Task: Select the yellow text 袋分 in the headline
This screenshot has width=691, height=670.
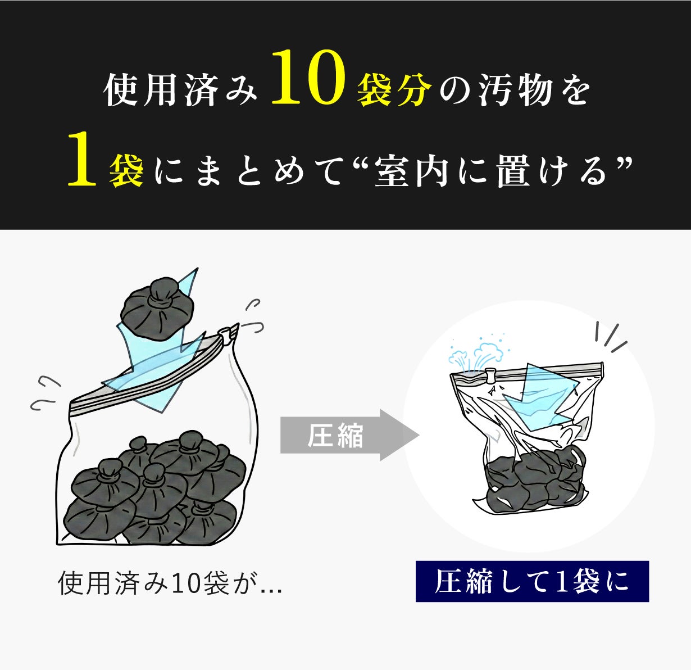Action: pyautogui.click(x=394, y=89)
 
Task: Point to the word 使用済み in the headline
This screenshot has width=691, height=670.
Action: pyautogui.click(x=181, y=89)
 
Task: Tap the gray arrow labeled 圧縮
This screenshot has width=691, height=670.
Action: pyautogui.click(x=350, y=435)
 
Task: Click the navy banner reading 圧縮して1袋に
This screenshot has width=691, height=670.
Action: pyautogui.click(x=532, y=582)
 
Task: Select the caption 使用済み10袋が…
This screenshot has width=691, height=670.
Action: pyautogui.click(x=170, y=583)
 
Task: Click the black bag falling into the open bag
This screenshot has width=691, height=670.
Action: pyautogui.click(x=157, y=307)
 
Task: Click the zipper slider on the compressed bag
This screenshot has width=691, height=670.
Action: pyautogui.click(x=491, y=375)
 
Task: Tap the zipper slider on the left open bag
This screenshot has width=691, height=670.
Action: pyautogui.click(x=227, y=334)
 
